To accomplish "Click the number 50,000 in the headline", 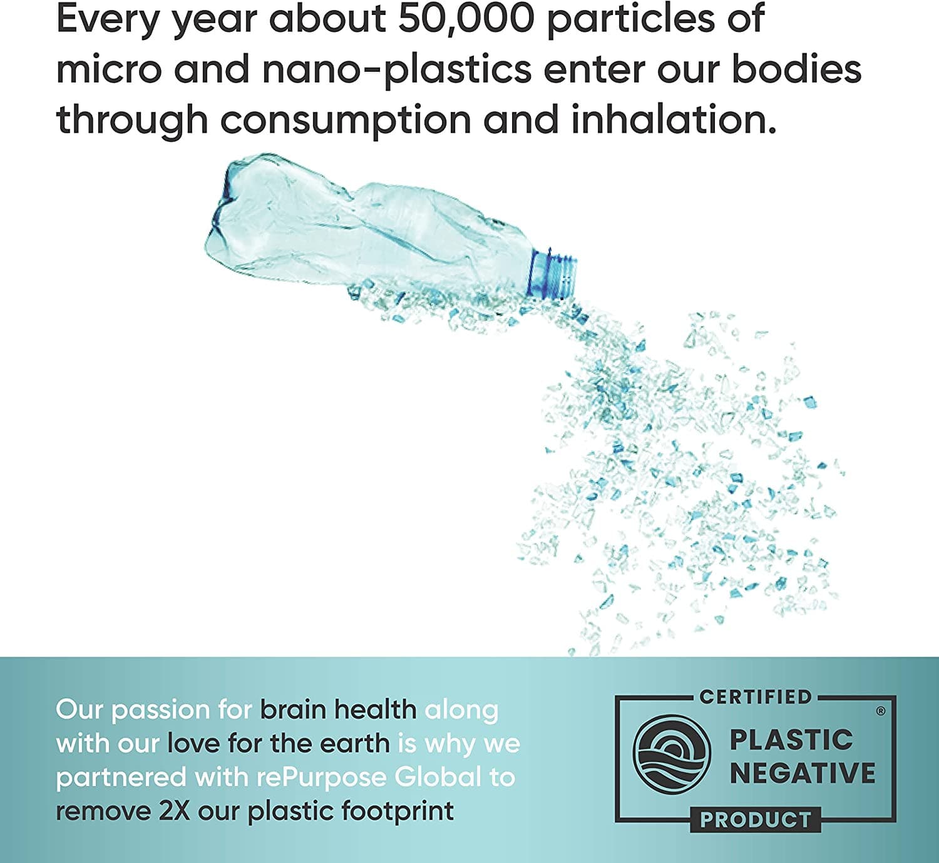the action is click(466, 19).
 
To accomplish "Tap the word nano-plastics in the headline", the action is click(397, 70).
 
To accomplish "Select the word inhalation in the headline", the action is click(674, 119).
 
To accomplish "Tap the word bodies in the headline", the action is click(796, 69).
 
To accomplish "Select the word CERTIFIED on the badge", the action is click(756, 697).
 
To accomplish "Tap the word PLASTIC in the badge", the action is click(791, 740).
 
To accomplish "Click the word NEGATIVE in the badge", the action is click(803, 772).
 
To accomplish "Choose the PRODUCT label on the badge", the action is click(756, 820).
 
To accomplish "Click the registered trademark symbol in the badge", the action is click(881, 712).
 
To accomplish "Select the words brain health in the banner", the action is click(338, 710).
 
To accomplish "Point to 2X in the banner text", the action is click(174, 811).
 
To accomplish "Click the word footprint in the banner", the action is click(398, 812).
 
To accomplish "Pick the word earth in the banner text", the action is click(356, 744).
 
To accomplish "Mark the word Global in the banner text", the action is click(438, 777).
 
